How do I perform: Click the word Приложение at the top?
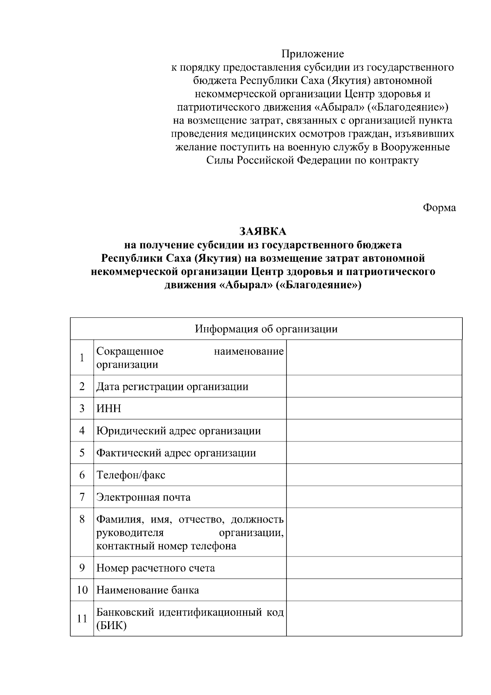pyautogui.click(x=313, y=54)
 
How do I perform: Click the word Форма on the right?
pyautogui.click(x=439, y=208)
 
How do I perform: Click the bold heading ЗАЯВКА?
pyautogui.click(x=263, y=231)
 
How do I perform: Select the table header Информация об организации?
pyautogui.click(x=266, y=329)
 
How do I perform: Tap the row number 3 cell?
pyautogui.click(x=82, y=408)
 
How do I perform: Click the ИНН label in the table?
pyautogui.click(x=108, y=409)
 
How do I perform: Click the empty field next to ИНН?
pyautogui.click(x=374, y=408)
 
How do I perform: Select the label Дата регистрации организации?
pyautogui.click(x=172, y=387)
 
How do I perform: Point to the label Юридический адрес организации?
pyautogui.click(x=178, y=431)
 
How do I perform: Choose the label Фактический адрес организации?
pyautogui.click(x=176, y=453)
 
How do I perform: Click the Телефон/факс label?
pyautogui.click(x=131, y=475)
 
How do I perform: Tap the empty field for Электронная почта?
pyautogui.click(x=374, y=497)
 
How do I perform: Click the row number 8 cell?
pyautogui.click(x=82, y=519)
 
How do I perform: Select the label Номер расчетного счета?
pyautogui.click(x=155, y=568)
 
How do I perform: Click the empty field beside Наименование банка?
pyautogui.click(x=374, y=590)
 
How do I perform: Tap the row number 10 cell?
pyautogui.click(x=82, y=590)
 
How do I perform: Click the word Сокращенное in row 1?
pyautogui.click(x=130, y=351)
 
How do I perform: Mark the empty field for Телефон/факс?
pyautogui.click(x=374, y=475)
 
